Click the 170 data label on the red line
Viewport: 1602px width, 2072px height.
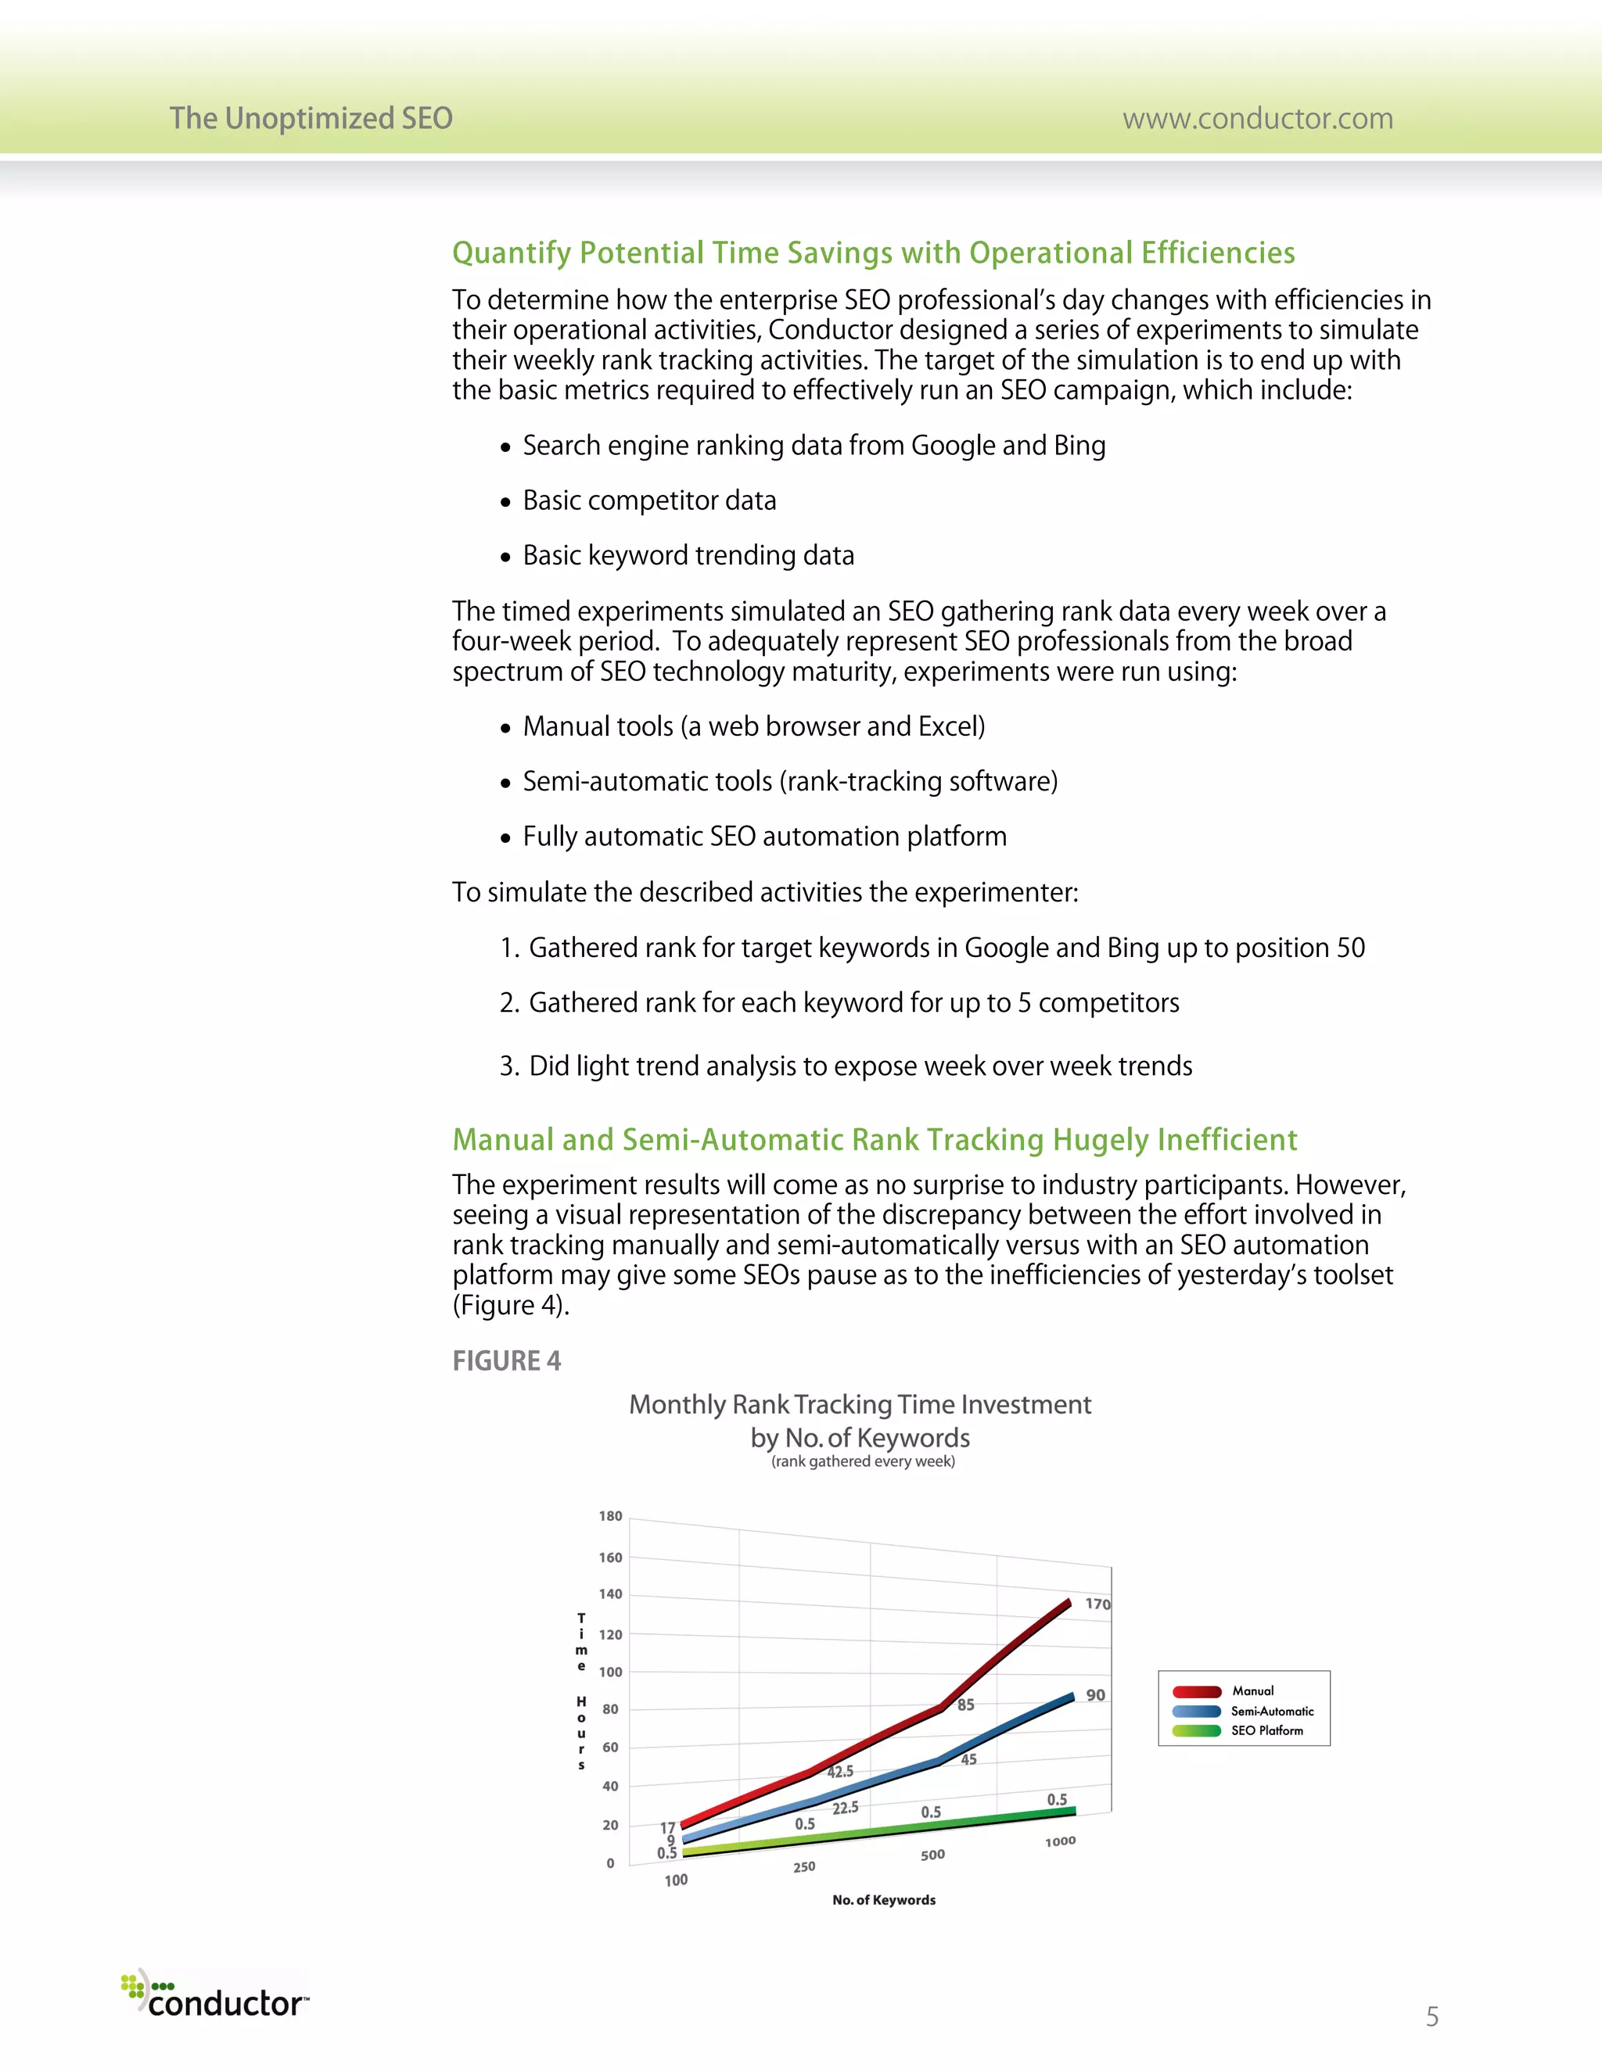pyautogui.click(x=1097, y=1604)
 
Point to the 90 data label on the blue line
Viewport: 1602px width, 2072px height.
pyautogui.click(x=1095, y=1694)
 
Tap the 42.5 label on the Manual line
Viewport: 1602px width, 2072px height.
pyautogui.click(x=840, y=1771)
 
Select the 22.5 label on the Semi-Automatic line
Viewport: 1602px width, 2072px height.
pyautogui.click(x=845, y=1809)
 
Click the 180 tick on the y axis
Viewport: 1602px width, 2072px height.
pyautogui.click(x=610, y=1516)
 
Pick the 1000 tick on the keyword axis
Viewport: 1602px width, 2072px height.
pyautogui.click(x=1060, y=1841)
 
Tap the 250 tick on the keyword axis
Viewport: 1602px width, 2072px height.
pyautogui.click(x=804, y=1866)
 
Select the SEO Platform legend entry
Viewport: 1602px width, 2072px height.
pyautogui.click(x=1266, y=1730)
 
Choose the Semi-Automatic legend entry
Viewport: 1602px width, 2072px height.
pyautogui.click(x=1272, y=1711)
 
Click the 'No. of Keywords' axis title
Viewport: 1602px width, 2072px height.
pyautogui.click(x=884, y=1899)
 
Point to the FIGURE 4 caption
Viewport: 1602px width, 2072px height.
pyautogui.click(x=506, y=1360)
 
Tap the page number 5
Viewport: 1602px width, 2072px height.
pyautogui.click(x=1431, y=2016)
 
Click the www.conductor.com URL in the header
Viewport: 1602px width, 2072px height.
pyautogui.click(x=1258, y=119)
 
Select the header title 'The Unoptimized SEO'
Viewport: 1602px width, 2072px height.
pyautogui.click(x=311, y=119)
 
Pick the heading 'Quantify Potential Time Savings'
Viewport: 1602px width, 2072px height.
pyautogui.click(x=873, y=253)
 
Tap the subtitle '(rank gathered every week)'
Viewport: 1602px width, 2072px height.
pyautogui.click(x=863, y=1461)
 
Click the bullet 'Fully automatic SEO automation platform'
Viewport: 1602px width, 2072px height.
pyautogui.click(x=764, y=836)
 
